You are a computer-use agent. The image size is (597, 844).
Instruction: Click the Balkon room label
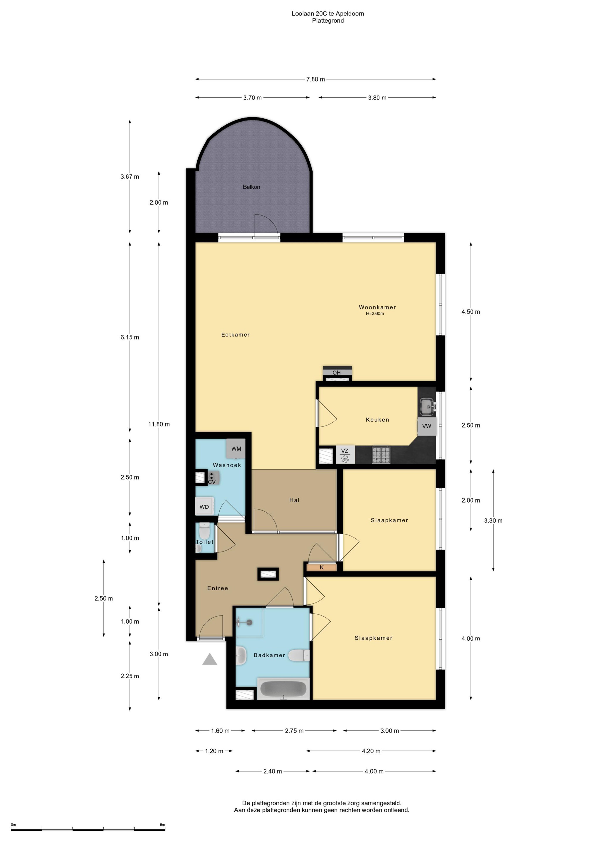coord(251,187)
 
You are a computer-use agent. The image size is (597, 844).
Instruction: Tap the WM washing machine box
coord(236,448)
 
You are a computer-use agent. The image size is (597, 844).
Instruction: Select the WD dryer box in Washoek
coord(204,507)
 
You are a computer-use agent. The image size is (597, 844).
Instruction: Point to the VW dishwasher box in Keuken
coord(427,426)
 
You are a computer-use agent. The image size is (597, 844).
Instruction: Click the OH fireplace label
coord(337,373)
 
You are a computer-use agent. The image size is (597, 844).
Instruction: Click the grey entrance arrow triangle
coord(210,659)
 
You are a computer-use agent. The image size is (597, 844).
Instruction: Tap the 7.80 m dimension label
coord(316,79)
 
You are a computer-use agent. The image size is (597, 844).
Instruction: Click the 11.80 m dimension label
coord(159,424)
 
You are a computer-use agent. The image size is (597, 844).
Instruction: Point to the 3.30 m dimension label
coord(493,520)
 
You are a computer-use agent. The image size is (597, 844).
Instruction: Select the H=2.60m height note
coord(375,314)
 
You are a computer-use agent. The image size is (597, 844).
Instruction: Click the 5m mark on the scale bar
coord(162,825)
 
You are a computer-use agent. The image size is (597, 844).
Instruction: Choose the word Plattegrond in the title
coord(328,21)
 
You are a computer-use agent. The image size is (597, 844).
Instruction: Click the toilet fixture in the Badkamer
coord(299,655)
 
